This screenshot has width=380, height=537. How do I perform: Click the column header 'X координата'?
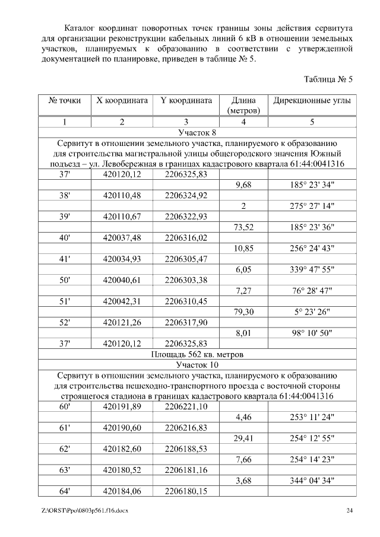click(x=122, y=100)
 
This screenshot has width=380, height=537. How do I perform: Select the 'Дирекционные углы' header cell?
click(x=312, y=100)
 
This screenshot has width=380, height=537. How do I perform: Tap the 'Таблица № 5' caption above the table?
click(x=328, y=79)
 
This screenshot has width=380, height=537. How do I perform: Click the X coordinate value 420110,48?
click(x=122, y=196)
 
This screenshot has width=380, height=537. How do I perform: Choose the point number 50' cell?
click(x=64, y=279)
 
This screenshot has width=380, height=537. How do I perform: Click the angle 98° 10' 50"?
click(x=312, y=333)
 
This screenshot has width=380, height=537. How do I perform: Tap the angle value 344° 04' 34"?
click(x=312, y=480)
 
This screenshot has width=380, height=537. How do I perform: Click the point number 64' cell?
click(x=64, y=491)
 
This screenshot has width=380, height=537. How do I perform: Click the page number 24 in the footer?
click(x=350, y=510)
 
